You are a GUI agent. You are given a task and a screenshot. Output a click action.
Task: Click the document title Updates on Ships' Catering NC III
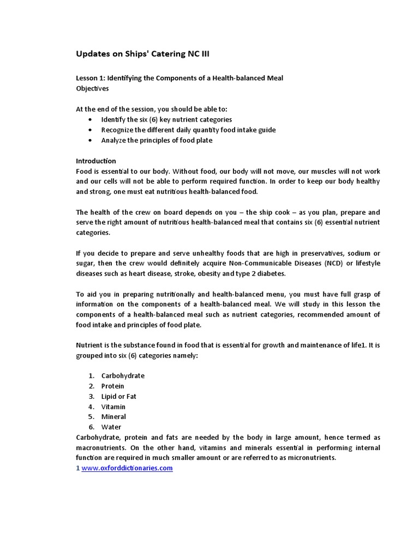click(142, 54)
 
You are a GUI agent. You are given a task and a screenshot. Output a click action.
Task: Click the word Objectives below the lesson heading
click(92, 88)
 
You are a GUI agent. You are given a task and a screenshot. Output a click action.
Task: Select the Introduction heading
click(95, 161)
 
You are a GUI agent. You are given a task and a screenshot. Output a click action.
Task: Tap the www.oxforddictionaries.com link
click(127, 468)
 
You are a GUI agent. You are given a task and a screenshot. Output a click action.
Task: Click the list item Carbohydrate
click(123, 375)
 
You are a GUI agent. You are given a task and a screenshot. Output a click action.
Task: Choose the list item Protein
click(112, 386)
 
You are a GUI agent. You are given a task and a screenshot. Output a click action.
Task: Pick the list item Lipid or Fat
click(118, 396)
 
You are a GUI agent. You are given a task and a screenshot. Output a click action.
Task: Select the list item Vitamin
click(113, 407)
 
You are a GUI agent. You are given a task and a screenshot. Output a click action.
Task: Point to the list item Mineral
click(113, 417)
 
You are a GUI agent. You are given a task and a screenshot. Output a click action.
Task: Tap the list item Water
click(111, 427)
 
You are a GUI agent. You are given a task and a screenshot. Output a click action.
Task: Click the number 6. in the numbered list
click(92, 427)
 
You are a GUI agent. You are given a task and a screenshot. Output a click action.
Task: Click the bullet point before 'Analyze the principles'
click(90, 140)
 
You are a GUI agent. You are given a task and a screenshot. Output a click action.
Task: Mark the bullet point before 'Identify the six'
click(90, 119)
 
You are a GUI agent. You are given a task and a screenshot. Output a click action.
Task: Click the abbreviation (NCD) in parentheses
click(335, 263)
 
